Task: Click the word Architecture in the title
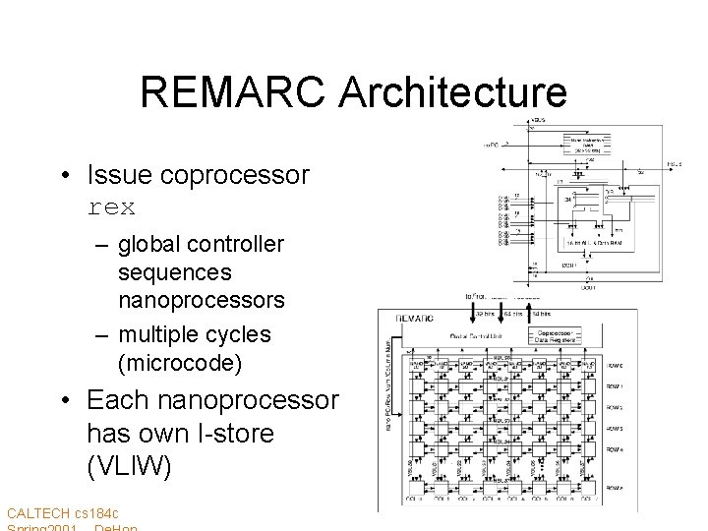(453, 92)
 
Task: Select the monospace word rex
(111, 207)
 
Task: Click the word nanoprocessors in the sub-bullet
(201, 298)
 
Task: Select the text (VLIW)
(129, 465)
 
